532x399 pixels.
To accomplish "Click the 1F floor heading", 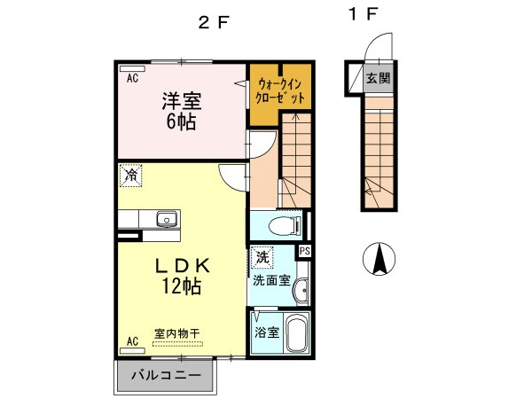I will (x=363, y=15).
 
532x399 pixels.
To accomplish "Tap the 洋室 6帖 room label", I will (x=180, y=110).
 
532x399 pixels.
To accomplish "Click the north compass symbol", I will (x=379, y=258).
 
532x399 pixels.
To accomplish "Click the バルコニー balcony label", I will (x=166, y=375).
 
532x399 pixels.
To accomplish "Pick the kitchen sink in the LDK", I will (x=166, y=219).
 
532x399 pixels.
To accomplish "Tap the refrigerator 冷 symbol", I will (x=130, y=176).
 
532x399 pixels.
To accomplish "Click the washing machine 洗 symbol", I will (x=262, y=257).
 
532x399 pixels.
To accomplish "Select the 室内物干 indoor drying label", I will (x=177, y=333).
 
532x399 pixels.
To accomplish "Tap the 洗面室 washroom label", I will (x=270, y=279).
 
